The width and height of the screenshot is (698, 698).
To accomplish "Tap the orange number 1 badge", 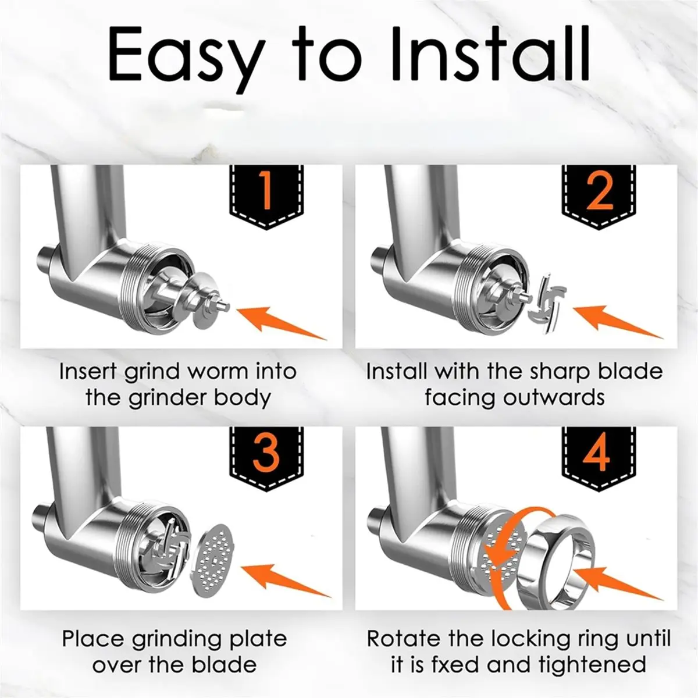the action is click(x=266, y=197).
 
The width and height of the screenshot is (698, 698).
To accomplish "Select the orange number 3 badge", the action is click(x=266, y=459).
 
